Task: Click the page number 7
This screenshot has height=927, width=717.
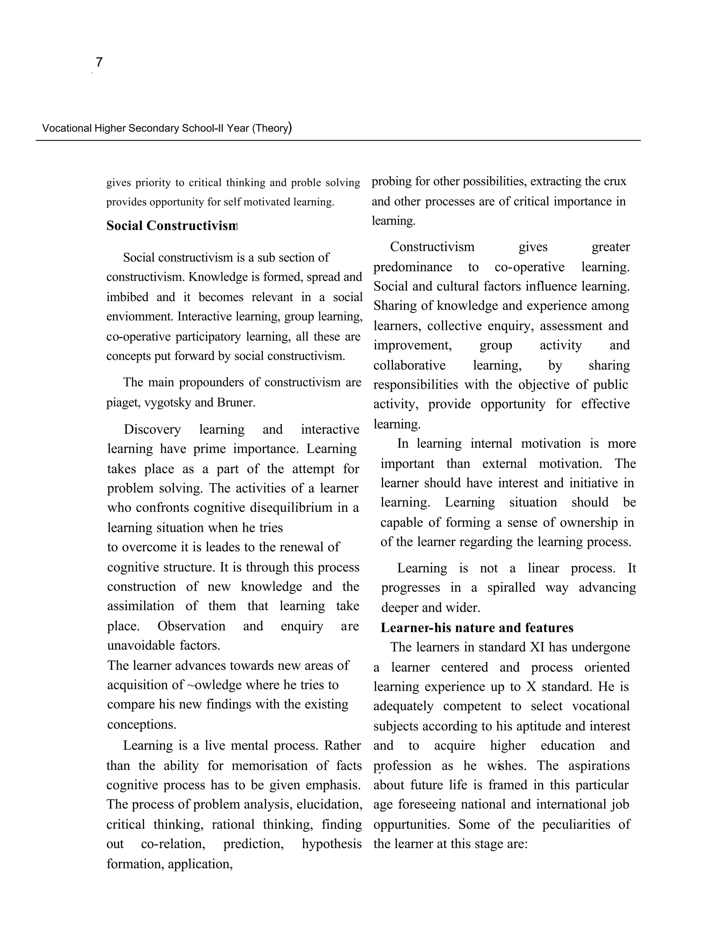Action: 99,62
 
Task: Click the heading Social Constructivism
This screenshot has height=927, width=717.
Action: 171,225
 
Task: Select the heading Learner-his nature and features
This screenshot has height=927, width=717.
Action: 476,627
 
